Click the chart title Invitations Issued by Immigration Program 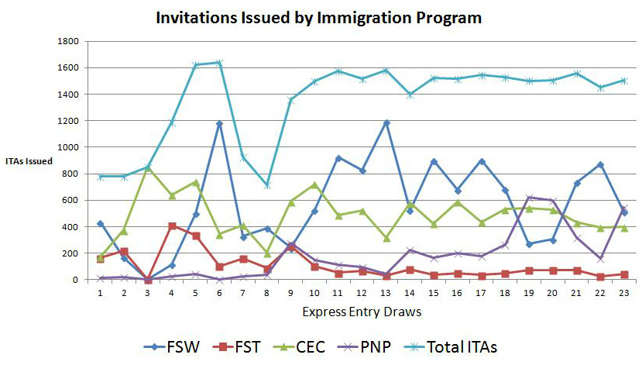coord(319,16)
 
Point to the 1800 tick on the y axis coord(68,40)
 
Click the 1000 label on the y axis coord(68,146)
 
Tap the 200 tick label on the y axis coord(71,253)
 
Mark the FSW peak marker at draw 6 coord(219,123)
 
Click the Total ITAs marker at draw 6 coord(219,63)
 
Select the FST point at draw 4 coord(172,226)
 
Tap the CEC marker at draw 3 coord(148,167)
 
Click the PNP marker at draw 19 coord(529,198)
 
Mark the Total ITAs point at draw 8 coord(267,186)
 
